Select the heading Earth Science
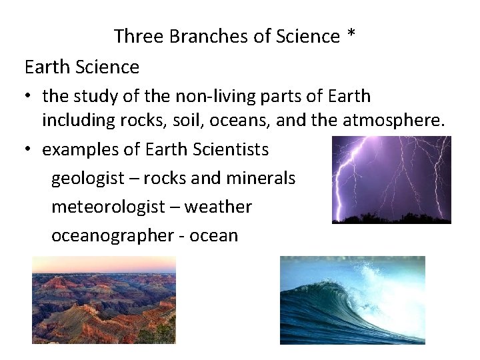click(81, 67)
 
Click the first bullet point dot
click(30, 97)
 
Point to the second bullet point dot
click(30, 150)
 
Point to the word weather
click(218, 207)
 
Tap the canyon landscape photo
click(103, 300)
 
